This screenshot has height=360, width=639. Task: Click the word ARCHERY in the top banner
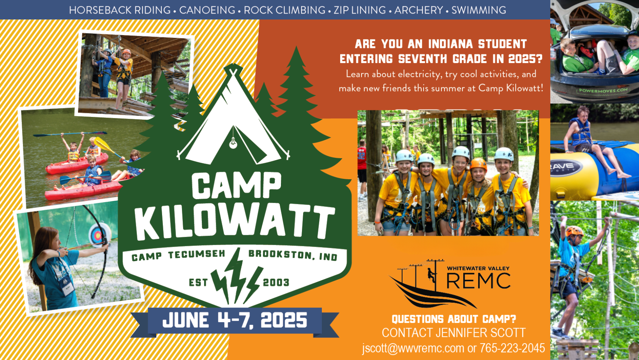[418, 10]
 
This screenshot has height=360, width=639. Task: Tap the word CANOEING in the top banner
[207, 10]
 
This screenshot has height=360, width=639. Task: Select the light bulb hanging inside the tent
[233, 143]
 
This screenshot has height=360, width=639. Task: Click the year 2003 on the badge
[276, 282]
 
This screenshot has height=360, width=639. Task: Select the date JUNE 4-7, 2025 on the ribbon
[235, 320]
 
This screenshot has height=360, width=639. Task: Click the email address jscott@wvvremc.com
[413, 348]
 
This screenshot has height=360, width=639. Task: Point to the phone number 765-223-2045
[512, 348]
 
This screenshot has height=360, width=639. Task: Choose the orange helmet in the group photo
[478, 165]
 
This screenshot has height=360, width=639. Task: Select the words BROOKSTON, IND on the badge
[293, 255]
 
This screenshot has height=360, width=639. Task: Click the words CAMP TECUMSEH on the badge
[178, 255]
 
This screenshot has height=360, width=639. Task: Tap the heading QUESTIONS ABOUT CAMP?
[454, 319]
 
